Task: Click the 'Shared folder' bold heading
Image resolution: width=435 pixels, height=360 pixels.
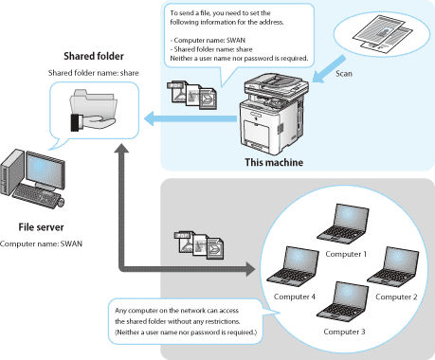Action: pos(94,56)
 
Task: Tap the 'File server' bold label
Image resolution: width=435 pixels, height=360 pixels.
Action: pos(41,227)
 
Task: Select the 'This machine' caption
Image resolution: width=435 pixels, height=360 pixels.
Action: pos(274,162)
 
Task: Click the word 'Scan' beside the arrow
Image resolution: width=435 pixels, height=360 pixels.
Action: pos(344,74)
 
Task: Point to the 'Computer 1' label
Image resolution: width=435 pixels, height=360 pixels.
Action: pos(346,254)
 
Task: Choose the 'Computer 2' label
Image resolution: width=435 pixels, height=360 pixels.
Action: pos(396,297)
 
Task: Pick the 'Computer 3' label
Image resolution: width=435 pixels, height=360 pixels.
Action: pos(344,332)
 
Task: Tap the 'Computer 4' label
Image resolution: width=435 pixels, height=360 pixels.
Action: pos(295,297)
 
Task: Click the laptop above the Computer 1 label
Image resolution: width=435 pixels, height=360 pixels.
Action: pos(343,224)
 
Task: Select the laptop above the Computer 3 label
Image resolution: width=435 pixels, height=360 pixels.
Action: pos(343,301)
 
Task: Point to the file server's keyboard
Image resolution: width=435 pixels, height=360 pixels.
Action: pos(37,196)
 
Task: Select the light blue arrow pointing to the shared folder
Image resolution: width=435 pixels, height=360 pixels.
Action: pos(190,118)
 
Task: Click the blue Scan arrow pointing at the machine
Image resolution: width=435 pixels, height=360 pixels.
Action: pos(329,69)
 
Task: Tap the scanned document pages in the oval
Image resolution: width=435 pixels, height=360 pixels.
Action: pos(383,34)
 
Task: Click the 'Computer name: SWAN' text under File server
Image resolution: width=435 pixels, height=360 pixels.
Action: pos(41,243)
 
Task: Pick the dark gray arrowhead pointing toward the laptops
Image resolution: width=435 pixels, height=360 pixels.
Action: pos(250,269)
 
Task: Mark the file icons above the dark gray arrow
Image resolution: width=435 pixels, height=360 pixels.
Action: pos(199,245)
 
